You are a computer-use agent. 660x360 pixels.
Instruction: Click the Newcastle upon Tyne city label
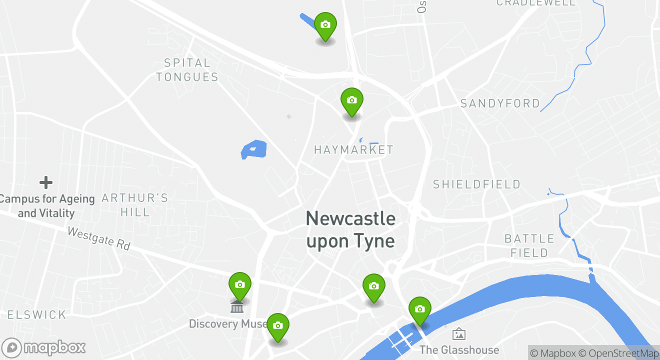(x=350, y=229)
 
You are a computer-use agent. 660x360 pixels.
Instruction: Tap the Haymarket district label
(x=353, y=149)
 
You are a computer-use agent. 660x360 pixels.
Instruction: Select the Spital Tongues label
(x=187, y=70)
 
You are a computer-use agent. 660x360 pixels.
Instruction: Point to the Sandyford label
(x=500, y=103)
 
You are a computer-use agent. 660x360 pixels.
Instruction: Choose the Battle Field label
(x=529, y=245)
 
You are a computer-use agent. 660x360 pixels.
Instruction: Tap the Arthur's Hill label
(x=135, y=205)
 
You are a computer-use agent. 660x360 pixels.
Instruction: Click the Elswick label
(x=37, y=314)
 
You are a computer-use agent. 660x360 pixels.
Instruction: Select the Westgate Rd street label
(x=98, y=239)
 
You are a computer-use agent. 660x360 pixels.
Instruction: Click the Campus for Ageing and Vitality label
(x=46, y=206)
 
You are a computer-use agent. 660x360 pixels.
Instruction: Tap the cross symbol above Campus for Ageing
(x=46, y=182)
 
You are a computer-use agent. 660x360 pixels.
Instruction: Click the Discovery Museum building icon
(x=237, y=306)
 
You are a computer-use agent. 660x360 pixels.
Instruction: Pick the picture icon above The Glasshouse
(x=459, y=333)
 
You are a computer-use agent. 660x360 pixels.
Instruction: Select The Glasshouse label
(x=459, y=349)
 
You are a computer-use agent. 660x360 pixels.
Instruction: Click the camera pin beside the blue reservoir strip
(x=325, y=25)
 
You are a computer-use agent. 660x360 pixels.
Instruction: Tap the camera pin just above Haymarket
(x=351, y=100)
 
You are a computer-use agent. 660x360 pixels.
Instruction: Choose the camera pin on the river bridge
(x=419, y=309)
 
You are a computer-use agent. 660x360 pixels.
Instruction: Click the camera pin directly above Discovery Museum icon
(x=239, y=285)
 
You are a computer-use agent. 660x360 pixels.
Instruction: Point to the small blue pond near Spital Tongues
(x=253, y=149)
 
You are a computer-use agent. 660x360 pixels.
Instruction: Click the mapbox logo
(x=44, y=347)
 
